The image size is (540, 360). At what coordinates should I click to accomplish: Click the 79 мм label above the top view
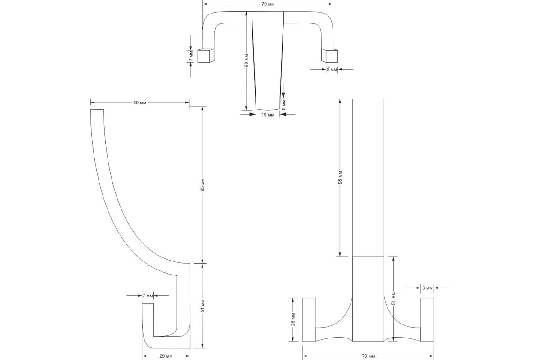tap(268, 4)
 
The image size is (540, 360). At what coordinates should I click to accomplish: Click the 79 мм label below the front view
tap(369, 356)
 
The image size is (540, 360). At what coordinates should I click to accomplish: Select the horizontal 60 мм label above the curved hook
tap(140, 103)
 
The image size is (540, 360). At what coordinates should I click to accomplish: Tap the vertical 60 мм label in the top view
tap(246, 61)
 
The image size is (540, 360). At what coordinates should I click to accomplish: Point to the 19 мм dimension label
tap(268, 115)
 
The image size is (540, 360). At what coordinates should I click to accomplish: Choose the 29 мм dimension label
tap(166, 356)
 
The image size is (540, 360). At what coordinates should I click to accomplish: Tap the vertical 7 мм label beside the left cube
tap(191, 56)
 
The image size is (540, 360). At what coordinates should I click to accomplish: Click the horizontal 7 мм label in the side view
tap(148, 296)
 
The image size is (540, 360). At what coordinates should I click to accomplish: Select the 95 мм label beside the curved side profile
tap(202, 185)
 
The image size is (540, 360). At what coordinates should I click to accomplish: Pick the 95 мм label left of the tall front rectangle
tap(340, 178)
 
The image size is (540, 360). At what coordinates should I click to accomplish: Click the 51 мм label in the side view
tap(202, 306)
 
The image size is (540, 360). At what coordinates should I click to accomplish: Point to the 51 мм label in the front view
tap(393, 298)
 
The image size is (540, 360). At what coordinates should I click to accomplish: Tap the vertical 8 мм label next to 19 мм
tap(284, 105)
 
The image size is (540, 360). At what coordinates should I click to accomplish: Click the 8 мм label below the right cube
tap(332, 69)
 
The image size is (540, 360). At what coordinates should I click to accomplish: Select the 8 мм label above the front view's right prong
tap(427, 288)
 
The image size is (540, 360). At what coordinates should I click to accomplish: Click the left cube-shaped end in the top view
tap(206, 55)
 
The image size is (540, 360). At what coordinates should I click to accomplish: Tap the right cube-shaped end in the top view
tap(329, 55)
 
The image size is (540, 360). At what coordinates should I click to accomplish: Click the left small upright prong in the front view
tap(309, 320)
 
